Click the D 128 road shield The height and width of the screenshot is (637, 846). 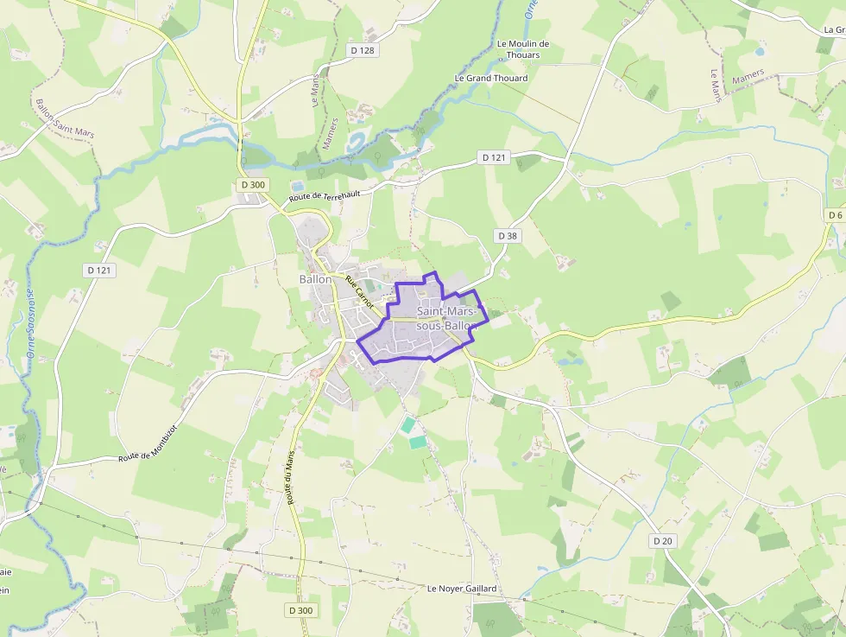coord(363,50)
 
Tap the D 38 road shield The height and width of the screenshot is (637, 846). coord(508,235)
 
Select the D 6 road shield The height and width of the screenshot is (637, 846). coord(834,214)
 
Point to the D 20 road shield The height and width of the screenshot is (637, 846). coord(662,540)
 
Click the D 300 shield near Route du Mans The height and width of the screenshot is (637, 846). coord(300,610)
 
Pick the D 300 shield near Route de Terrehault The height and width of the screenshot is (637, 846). coord(253,184)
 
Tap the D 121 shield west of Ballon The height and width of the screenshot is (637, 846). coord(99,270)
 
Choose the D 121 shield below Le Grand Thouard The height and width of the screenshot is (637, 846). coord(494,157)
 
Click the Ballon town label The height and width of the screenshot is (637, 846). coord(315,279)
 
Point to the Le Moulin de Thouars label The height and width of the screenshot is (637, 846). coord(524,49)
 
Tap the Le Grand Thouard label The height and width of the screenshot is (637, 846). coord(491,78)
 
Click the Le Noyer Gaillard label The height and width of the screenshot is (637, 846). coord(463,589)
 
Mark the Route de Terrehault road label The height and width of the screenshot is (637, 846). coord(324,195)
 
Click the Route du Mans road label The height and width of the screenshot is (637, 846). coord(291,477)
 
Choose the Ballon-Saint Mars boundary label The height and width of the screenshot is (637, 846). coord(64,118)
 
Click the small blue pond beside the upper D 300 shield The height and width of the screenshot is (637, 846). coord(298,185)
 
